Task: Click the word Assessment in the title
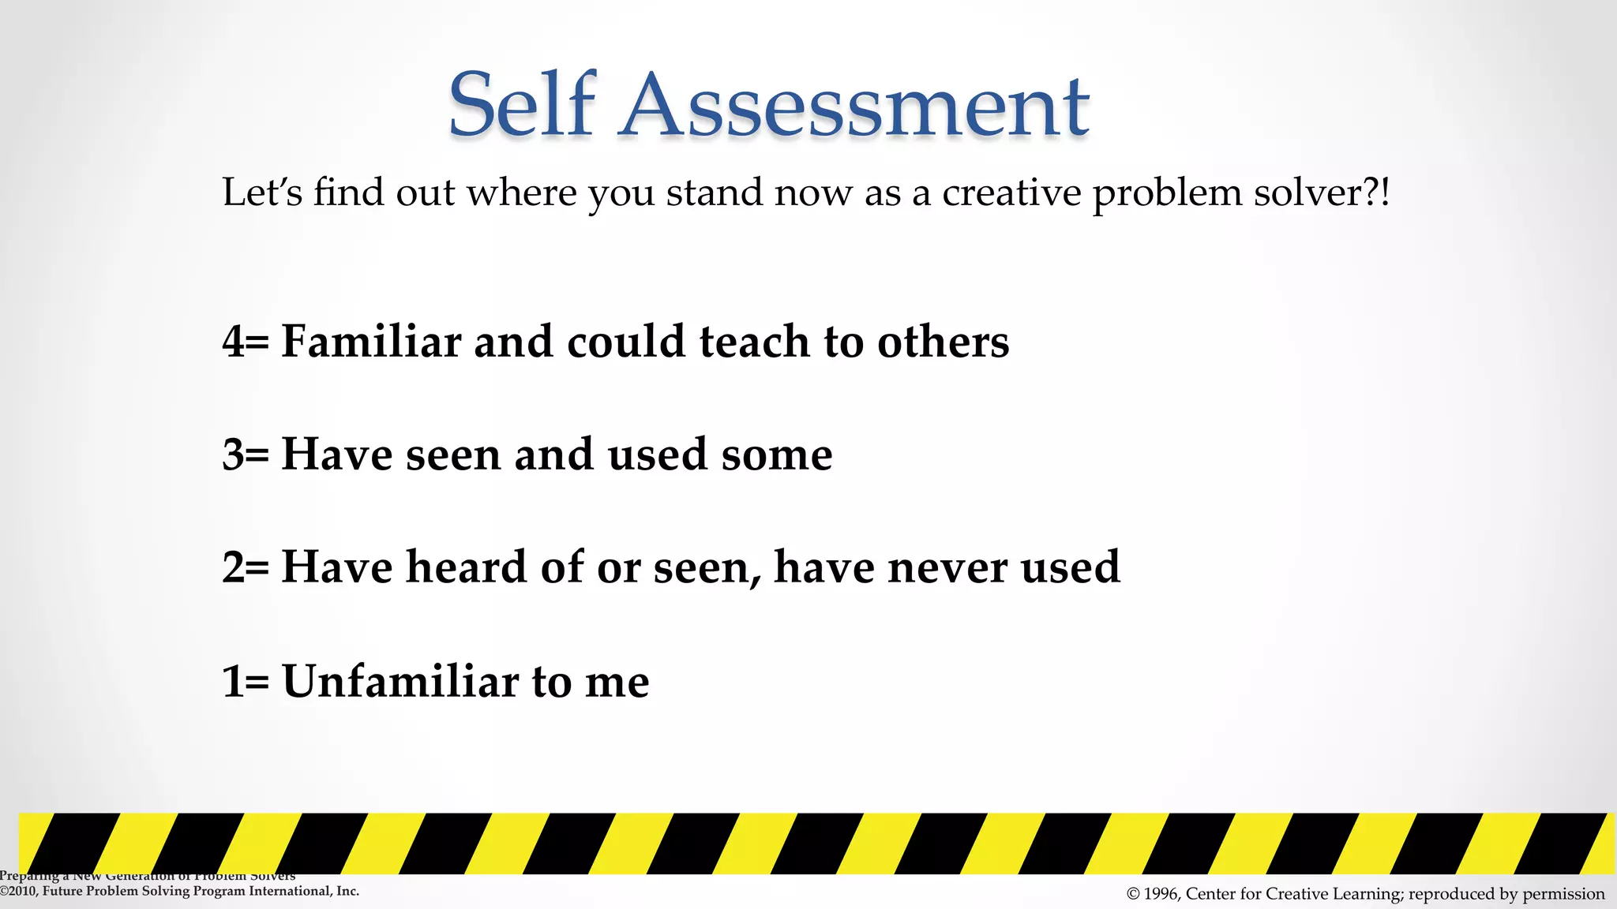pyautogui.click(x=855, y=107)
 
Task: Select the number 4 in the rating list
pyautogui.click(x=234, y=342)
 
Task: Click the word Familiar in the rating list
pyautogui.click(x=371, y=342)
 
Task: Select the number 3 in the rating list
pyautogui.click(x=234, y=454)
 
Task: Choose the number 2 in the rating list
pyautogui.click(x=234, y=567)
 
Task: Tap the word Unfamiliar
pyautogui.click(x=400, y=681)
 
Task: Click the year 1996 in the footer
pyautogui.click(x=1161, y=894)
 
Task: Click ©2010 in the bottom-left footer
pyautogui.click(x=17, y=892)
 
